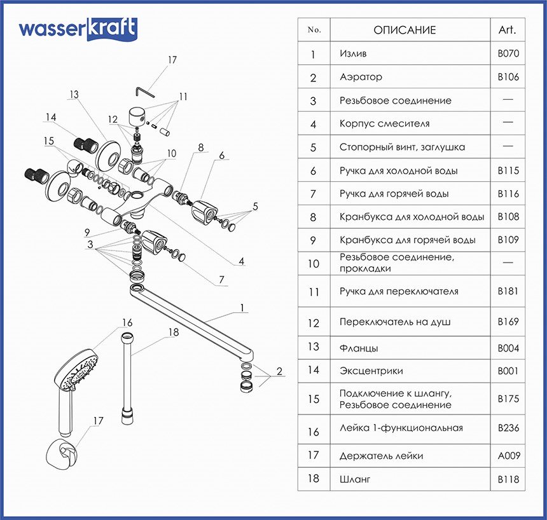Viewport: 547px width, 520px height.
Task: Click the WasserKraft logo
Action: pos(78,29)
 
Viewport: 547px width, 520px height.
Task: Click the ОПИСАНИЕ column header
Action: pos(405,30)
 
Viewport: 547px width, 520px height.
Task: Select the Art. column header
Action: pos(508,30)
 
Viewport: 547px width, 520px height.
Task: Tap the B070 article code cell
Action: pos(508,54)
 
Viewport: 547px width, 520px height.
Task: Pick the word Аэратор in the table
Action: pos(361,78)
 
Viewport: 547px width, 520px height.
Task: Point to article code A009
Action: pos(508,456)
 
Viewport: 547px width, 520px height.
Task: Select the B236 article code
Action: pos(508,428)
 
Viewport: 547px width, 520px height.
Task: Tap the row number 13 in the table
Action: pos(314,348)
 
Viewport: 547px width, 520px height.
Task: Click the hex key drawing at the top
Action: pos(146,90)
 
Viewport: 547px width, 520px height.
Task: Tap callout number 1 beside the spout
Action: pos(242,308)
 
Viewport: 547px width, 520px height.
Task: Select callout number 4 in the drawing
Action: pos(242,261)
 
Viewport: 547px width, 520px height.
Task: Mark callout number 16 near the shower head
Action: pos(127,322)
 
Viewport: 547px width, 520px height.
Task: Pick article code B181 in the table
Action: pos(508,292)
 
